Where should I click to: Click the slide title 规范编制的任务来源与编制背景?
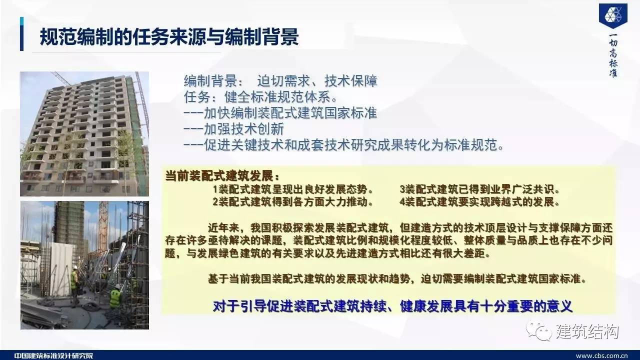pos(169,37)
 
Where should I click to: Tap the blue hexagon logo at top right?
pos(613,15)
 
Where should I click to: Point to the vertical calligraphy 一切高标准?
pos(613,55)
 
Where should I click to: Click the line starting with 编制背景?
pos(280,81)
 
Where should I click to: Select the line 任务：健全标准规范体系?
pos(260,97)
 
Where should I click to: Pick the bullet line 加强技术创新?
pos(233,129)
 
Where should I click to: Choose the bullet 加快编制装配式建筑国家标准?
pos(280,113)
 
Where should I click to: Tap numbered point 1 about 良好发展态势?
pos(293,189)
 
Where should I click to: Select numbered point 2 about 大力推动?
pos(293,201)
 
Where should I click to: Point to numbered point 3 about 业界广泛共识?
pos(479,189)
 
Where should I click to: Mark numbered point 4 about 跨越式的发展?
pos(479,201)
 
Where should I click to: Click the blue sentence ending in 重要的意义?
pos(392,306)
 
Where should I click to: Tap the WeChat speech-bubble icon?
pos(539,331)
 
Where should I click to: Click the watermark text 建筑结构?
pos(587,331)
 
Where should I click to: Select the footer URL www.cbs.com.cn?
pos(601,356)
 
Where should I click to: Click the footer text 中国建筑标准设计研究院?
pos(53,356)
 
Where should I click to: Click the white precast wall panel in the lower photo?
pos(62,268)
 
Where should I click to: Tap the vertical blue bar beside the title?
pos(21,34)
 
